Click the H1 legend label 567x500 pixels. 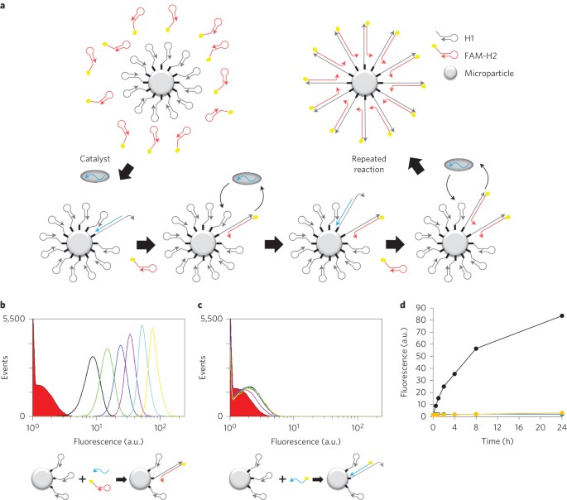[x=469, y=38]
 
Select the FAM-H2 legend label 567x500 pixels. [x=480, y=55]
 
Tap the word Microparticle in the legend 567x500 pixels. [x=489, y=74]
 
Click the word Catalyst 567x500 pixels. [x=94, y=159]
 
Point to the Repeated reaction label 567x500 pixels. [x=369, y=164]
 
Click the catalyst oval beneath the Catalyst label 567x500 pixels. [x=94, y=176]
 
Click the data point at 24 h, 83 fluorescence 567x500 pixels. [x=561, y=315]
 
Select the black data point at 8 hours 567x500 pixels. [x=476, y=349]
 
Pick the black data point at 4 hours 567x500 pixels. [x=454, y=374]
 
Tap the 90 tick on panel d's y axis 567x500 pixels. [x=421, y=308]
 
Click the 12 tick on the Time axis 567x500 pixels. [x=497, y=427]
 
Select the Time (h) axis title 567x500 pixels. [x=497, y=441]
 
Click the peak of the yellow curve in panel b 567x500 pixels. [x=152, y=329]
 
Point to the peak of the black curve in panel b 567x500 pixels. [x=93, y=357]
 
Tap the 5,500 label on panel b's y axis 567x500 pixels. [x=14, y=319]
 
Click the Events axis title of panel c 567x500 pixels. [x=203, y=368]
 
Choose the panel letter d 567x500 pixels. [x=402, y=305]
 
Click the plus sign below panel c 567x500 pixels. [x=282, y=479]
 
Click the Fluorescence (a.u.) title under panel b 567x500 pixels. [x=108, y=441]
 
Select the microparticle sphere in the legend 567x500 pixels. [x=450, y=73]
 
